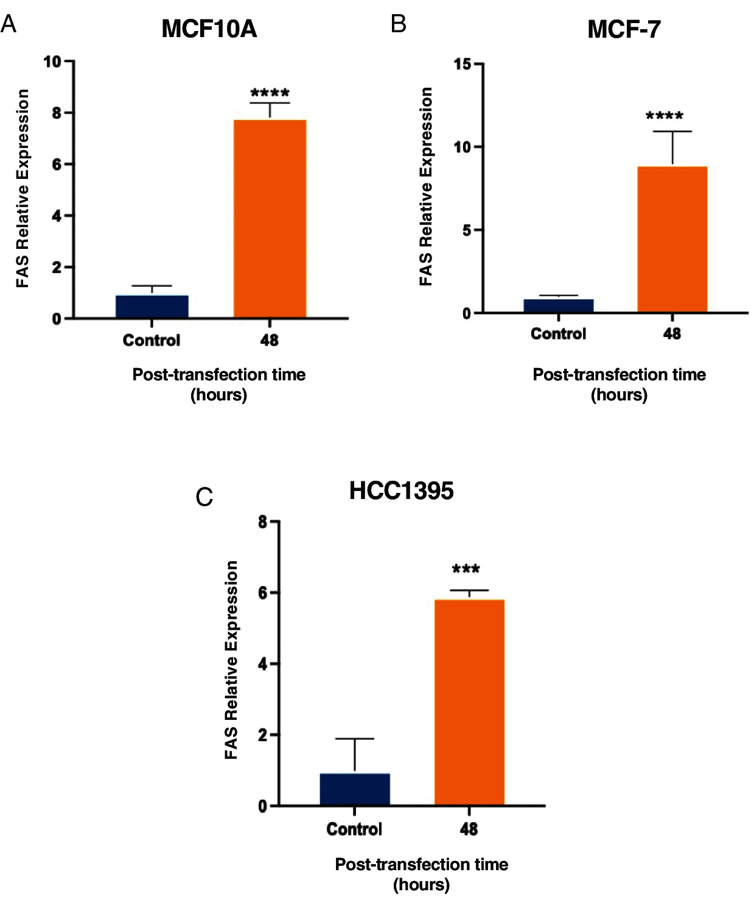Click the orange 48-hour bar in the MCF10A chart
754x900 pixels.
(270, 219)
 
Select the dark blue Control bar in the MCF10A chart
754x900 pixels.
(152, 307)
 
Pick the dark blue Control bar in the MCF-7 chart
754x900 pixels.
(558, 306)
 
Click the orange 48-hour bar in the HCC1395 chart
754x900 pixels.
(469, 702)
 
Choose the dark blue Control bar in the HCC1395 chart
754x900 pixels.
(355, 789)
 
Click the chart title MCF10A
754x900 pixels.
(209, 29)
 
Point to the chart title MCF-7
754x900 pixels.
(624, 29)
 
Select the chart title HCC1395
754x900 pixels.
(401, 491)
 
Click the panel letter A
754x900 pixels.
(9, 24)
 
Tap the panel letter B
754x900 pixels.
(399, 24)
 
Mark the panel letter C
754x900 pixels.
(204, 497)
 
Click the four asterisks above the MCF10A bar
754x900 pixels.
(270, 93)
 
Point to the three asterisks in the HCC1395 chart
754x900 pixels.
(466, 570)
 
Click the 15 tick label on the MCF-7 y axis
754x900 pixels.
(463, 64)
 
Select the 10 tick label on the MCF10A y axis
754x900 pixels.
(52, 61)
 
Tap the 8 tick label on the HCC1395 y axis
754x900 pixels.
(262, 522)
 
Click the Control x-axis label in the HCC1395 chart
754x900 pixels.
(354, 829)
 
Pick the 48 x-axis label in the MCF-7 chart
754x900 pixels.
(672, 333)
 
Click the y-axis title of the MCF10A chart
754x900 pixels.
(23, 189)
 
